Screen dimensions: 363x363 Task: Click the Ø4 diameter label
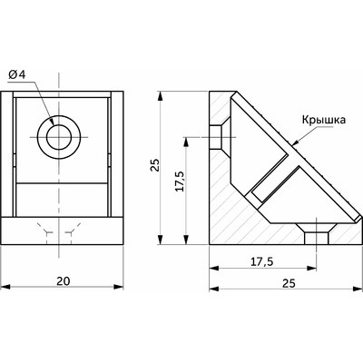[17, 74]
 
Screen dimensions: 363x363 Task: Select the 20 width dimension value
[64, 281]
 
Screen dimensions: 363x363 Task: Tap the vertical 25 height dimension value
[155, 165]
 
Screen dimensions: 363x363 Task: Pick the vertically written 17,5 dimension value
[179, 181]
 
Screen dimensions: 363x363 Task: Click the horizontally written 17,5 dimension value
[261, 261]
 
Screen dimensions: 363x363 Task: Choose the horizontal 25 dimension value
[289, 283]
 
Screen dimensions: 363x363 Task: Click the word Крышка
[323, 120]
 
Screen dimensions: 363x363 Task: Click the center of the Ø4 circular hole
[59, 138]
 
